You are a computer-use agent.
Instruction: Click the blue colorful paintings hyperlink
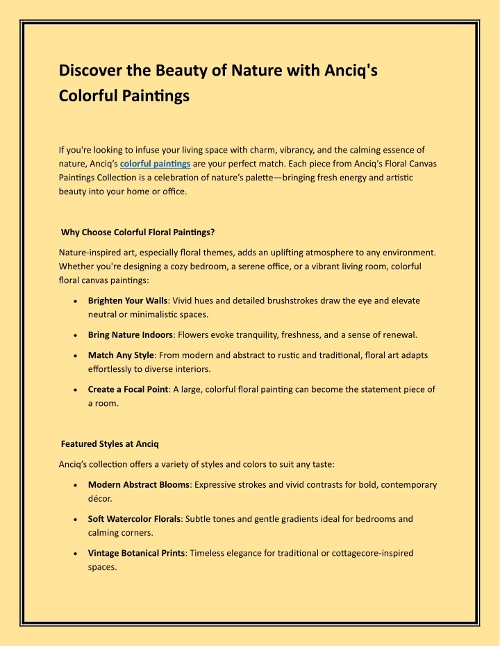point(156,164)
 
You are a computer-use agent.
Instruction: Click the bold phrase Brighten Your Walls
point(128,301)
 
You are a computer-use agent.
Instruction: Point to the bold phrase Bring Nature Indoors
point(130,335)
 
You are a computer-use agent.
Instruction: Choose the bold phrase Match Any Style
point(121,355)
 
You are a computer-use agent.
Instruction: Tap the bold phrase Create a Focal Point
point(128,389)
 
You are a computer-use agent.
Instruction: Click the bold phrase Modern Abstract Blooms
point(138,484)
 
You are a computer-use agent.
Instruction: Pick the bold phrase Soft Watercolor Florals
point(135,518)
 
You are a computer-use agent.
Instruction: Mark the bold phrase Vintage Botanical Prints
point(136,553)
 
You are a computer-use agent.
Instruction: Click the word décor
point(101,498)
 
